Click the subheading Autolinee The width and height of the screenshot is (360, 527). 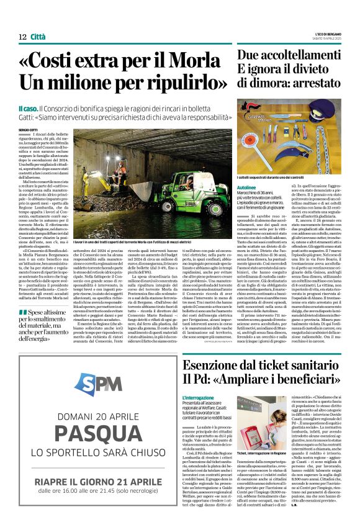(x=246, y=187)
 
